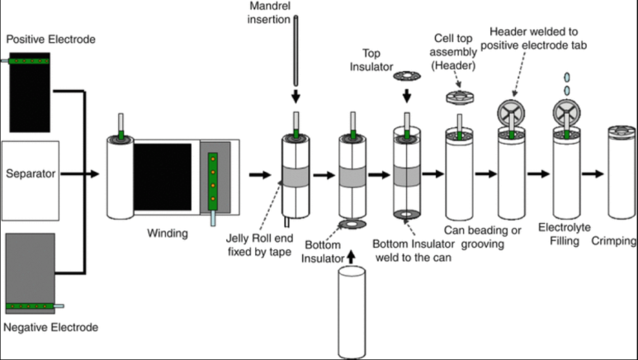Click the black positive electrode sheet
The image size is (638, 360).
pyautogui.click(x=30, y=92)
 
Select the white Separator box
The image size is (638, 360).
pyautogui.click(x=31, y=181)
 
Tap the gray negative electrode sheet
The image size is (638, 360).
pyautogui.click(x=30, y=273)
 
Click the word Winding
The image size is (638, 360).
pyautogui.click(x=168, y=234)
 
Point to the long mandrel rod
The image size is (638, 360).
pyautogui.click(x=295, y=51)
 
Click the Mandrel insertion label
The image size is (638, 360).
pyautogui.click(x=269, y=12)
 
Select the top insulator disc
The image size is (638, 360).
pyautogui.click(x=407, y=76)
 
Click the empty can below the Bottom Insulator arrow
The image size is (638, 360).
pyautogui.click(x=352, y=312)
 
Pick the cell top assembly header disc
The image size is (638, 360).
pyautogui.click(x=460, y=97)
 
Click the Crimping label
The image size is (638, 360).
pyautogui.click(x=613, y=240)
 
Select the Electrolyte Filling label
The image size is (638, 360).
pyautogui.click(x=565, y=234)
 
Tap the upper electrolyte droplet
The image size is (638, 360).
pyautogui.click(x=566, y=77)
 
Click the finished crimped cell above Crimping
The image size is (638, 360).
pyautogui.click(x=621, y=173)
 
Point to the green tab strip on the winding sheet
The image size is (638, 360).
pyautogui.click(x=212, y=182)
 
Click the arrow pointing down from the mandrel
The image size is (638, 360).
pyautogui.click(x=295, y=97)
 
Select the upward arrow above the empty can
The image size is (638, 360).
pyautogui.click(x=351, y=257)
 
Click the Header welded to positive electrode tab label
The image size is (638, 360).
pyautogui.click(x=533, y=38)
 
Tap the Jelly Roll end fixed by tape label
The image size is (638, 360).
pyautogui.click(x=259, y=244)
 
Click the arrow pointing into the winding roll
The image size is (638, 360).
pyautogui.click(x=80, y=174)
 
